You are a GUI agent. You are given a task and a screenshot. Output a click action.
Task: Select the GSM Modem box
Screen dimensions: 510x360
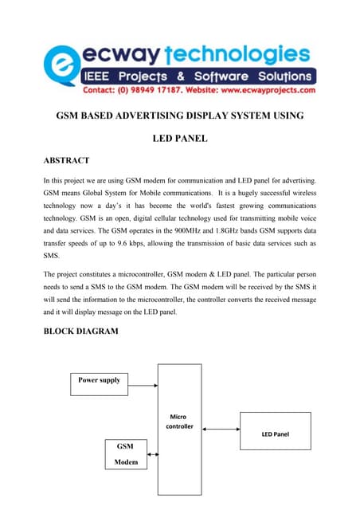(125, 453)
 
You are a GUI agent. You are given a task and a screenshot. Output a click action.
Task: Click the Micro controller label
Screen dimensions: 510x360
(179, 422)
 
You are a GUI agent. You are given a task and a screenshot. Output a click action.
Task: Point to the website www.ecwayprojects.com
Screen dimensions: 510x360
(269, 91)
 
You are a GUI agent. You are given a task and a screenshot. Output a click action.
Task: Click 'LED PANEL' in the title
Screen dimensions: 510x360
(180, 139)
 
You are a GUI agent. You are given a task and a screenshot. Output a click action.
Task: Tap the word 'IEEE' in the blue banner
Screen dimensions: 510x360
(107, 76)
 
